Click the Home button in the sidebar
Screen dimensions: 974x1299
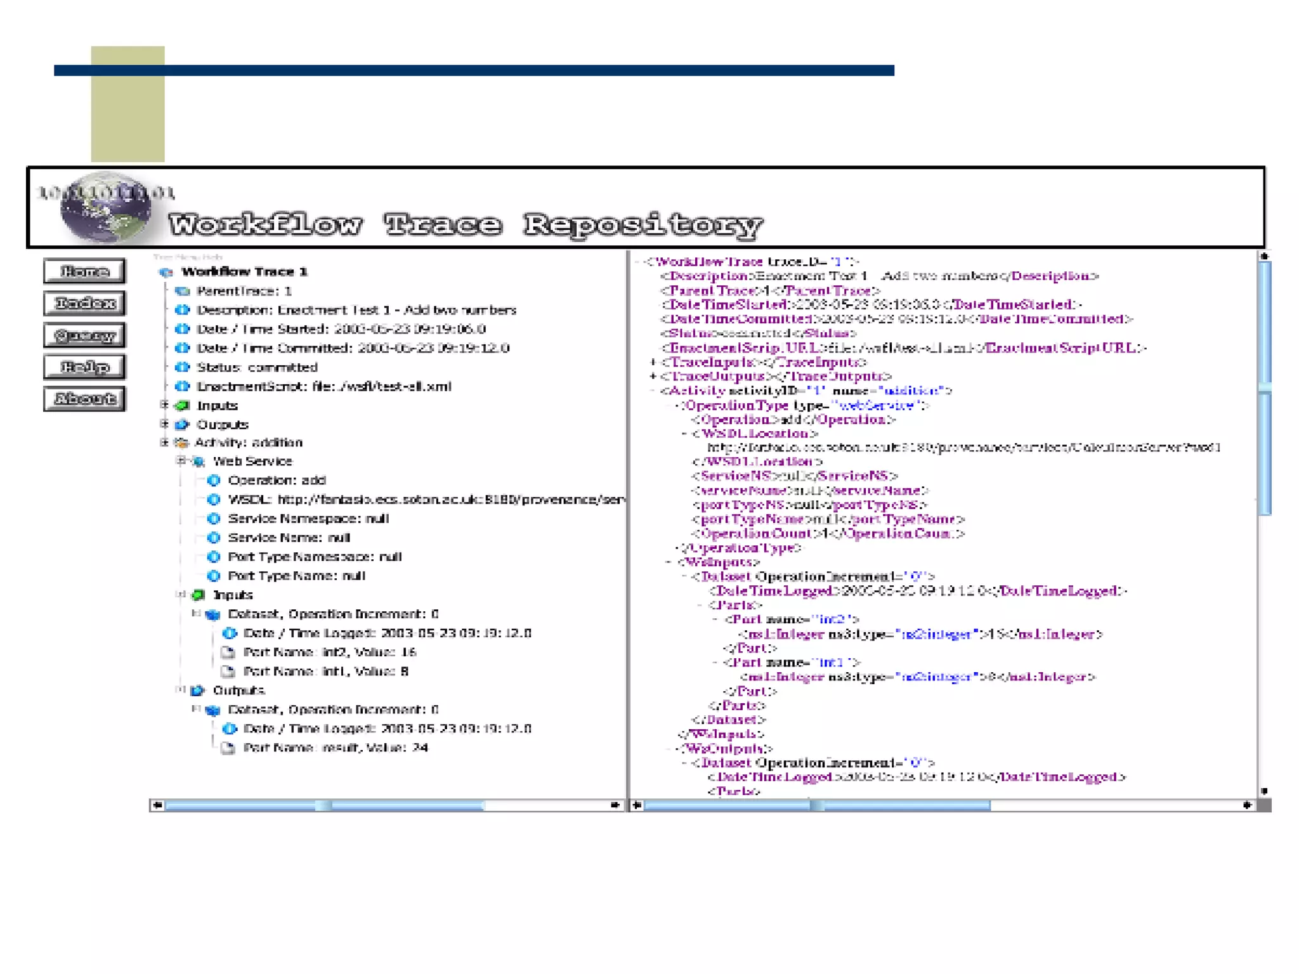84,271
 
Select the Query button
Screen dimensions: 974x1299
84,335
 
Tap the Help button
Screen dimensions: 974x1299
84,367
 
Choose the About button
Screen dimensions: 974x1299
84,399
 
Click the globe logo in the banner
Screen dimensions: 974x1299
105,208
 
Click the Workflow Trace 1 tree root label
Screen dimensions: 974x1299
244,272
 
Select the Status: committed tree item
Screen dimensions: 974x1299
256,367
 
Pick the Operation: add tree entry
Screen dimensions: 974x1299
277,480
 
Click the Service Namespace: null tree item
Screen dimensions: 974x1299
308,519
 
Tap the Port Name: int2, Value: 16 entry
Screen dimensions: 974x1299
329,652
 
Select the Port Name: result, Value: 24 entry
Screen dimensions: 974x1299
336,748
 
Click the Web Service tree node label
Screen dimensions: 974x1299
252,461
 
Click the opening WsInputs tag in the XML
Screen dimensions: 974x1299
719,562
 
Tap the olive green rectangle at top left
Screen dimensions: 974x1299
127,104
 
